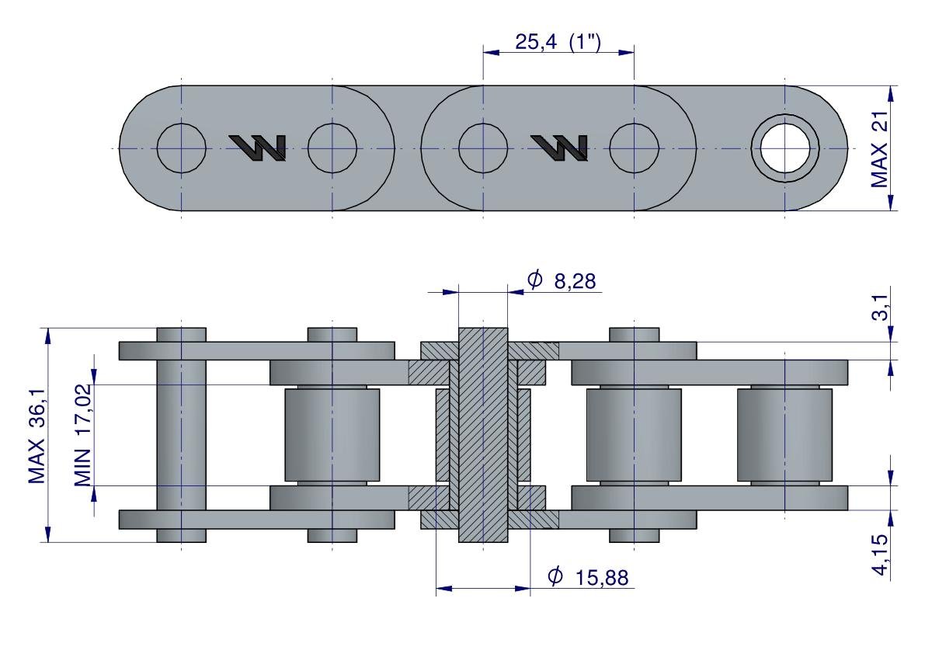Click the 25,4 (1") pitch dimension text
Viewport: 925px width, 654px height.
558,42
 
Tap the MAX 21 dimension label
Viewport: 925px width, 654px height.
879,148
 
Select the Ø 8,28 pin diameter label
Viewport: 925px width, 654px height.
561,280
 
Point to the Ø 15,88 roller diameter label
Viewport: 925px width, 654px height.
588,576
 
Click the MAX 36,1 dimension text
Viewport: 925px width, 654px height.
37,435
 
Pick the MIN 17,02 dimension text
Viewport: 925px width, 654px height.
82,435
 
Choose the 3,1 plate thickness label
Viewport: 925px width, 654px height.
879,308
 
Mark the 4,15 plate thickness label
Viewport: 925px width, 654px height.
879,554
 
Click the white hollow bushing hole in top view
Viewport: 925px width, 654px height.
784,148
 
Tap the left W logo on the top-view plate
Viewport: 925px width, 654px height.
258,148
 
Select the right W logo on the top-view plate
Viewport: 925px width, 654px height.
560,148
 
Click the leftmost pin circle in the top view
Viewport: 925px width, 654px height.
181,148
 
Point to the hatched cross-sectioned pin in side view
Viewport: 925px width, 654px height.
483,435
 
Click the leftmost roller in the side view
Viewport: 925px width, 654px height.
332,435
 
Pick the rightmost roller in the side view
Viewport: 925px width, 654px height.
784,435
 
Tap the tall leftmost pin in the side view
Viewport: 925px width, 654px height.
181,435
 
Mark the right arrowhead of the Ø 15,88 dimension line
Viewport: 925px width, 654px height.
523,589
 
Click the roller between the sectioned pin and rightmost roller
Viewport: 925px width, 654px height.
634,435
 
